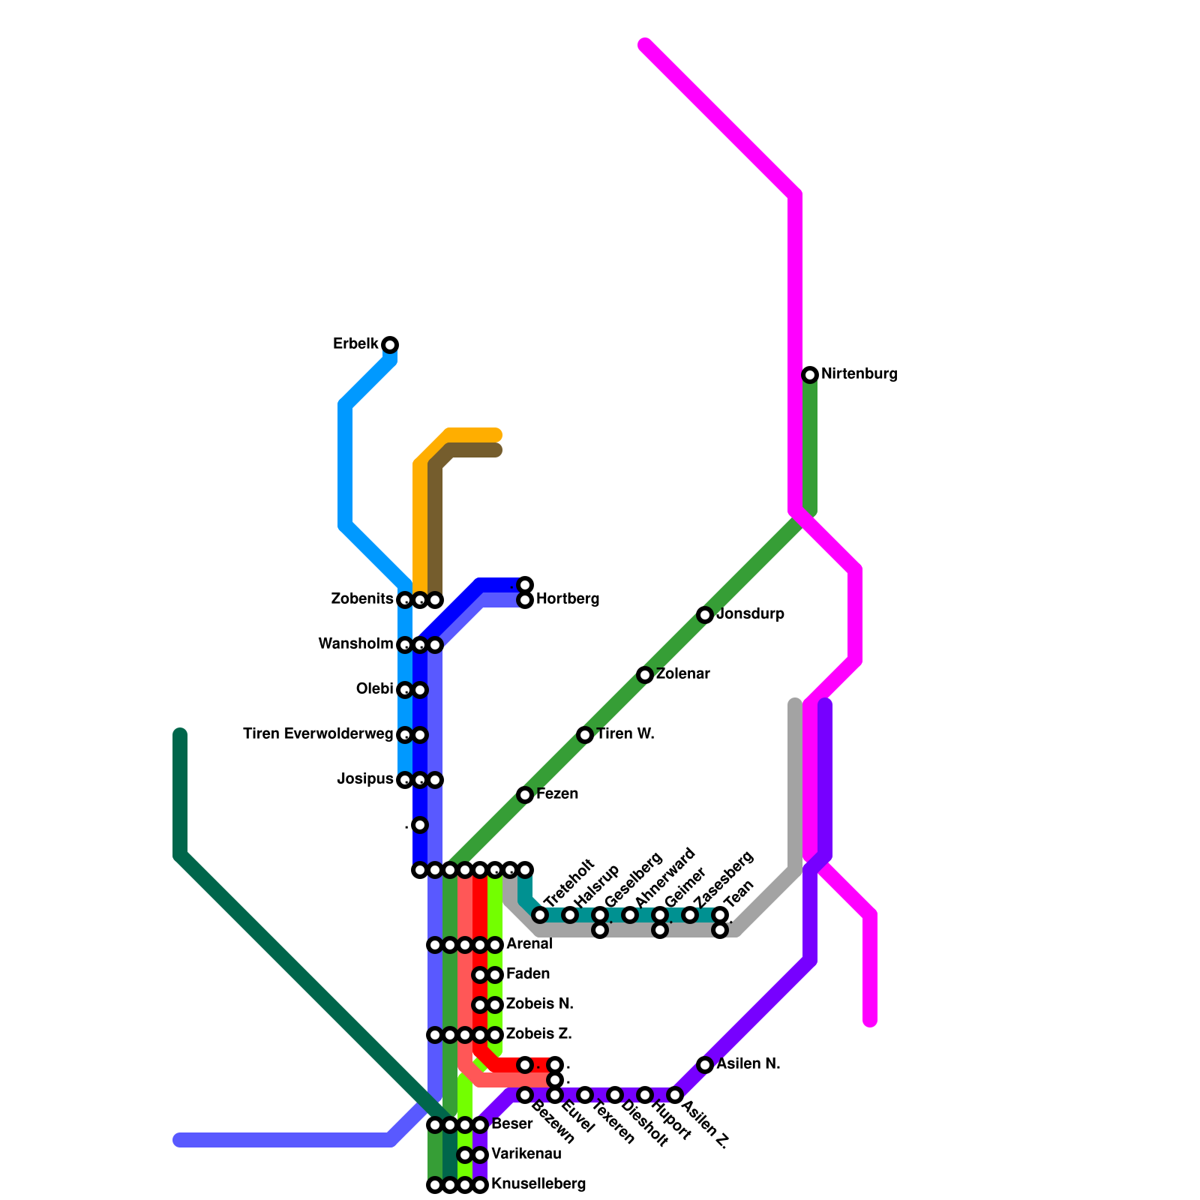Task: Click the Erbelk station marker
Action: coord(390,345)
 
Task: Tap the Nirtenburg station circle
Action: coord(810,375)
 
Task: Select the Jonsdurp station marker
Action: coord(705,615)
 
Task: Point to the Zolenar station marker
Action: coord(645,675)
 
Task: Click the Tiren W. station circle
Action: coord(585,735)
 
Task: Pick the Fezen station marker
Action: coord(525,795)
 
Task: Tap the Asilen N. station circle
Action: coord(705,1065)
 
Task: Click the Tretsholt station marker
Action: coord(540,915)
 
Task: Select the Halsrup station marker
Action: coord(570,915)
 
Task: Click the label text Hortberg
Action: coord(568,599)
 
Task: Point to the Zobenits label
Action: coord(362,599)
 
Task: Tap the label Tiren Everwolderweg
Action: coord(318,734)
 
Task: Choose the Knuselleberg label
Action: coord(538,1184)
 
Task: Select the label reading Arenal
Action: coord(529,944)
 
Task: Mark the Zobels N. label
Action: coord(539,1004)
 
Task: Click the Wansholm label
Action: coord(355,644)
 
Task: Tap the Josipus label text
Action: coord(365,779)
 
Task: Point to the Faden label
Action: coord(528,974)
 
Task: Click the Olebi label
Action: coord(374,689)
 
